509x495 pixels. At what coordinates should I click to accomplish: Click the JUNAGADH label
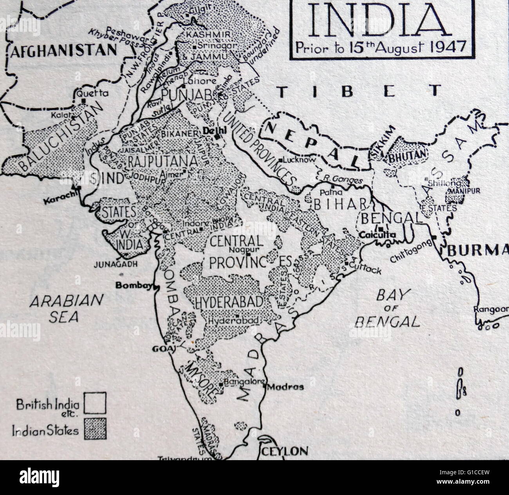(x=116, y=264)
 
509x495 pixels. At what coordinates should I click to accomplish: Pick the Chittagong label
(x=411, y=251)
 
